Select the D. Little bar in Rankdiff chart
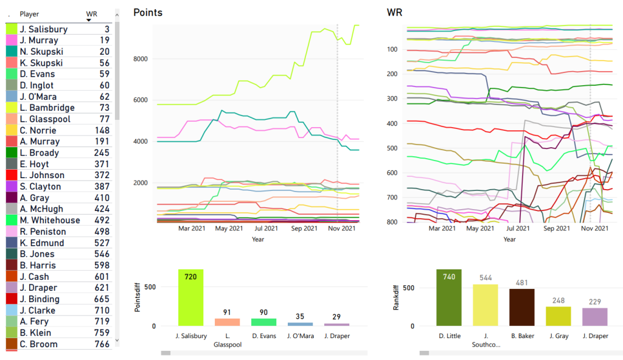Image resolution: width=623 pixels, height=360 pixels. pos(448,297)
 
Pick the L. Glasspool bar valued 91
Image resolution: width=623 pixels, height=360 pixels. pos(227,322)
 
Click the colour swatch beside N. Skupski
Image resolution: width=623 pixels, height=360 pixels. pos(12,52)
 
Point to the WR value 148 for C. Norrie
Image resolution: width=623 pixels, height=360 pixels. pos(102,130)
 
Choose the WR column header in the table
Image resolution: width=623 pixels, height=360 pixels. pos(92,13)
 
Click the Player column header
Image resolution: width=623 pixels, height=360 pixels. pos(29,13)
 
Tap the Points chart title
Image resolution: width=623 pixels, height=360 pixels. pos(148,12)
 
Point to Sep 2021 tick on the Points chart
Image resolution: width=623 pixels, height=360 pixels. pos(304,229)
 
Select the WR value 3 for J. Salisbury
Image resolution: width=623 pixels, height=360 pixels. pos(106,29)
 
